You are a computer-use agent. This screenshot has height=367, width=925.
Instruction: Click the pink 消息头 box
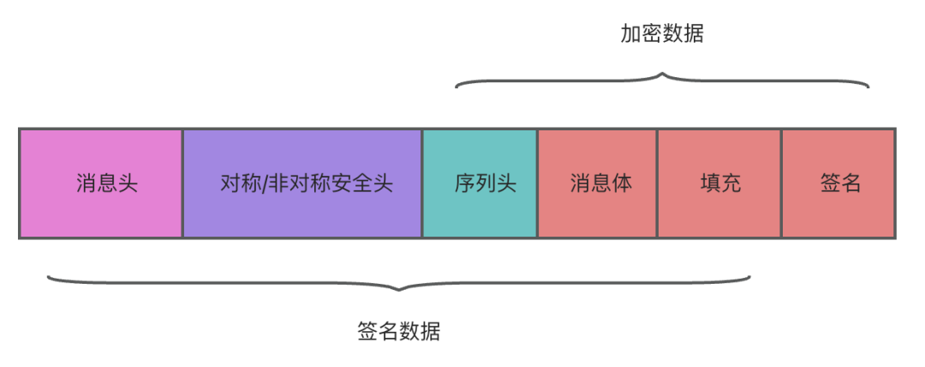100,183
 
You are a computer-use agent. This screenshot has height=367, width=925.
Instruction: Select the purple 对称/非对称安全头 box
302,183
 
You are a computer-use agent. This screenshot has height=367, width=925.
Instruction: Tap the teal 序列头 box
480,183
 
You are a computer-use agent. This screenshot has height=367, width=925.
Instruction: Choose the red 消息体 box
597,183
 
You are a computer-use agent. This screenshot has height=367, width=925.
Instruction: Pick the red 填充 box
719,183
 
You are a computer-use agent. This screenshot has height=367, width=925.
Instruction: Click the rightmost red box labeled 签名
838,183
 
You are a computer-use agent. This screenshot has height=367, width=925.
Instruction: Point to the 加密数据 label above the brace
662,34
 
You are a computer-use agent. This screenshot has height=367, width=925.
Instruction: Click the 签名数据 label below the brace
398,332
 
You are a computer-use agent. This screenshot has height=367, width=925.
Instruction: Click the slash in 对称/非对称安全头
265,183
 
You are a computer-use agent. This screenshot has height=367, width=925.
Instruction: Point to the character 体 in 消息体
622,183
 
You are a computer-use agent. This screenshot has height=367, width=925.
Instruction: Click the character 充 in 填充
731,183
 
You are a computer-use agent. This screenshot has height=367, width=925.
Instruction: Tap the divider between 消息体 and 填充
657,183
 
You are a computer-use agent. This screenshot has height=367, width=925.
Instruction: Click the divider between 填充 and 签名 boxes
781,183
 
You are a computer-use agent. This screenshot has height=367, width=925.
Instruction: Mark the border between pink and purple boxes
182,183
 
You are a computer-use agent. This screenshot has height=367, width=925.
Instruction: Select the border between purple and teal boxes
422,183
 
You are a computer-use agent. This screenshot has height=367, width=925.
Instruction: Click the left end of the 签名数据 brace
49,276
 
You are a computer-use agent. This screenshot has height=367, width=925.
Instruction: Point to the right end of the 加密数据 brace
868,87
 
